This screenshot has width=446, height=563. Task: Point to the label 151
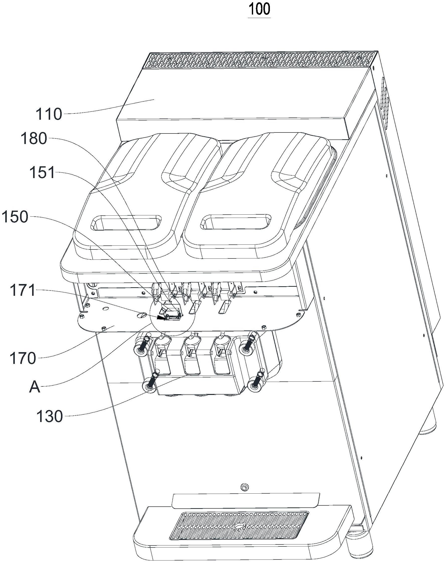coord(42,173)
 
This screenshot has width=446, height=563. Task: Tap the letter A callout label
coord(34,387)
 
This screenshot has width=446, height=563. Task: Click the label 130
coord(49,416)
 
